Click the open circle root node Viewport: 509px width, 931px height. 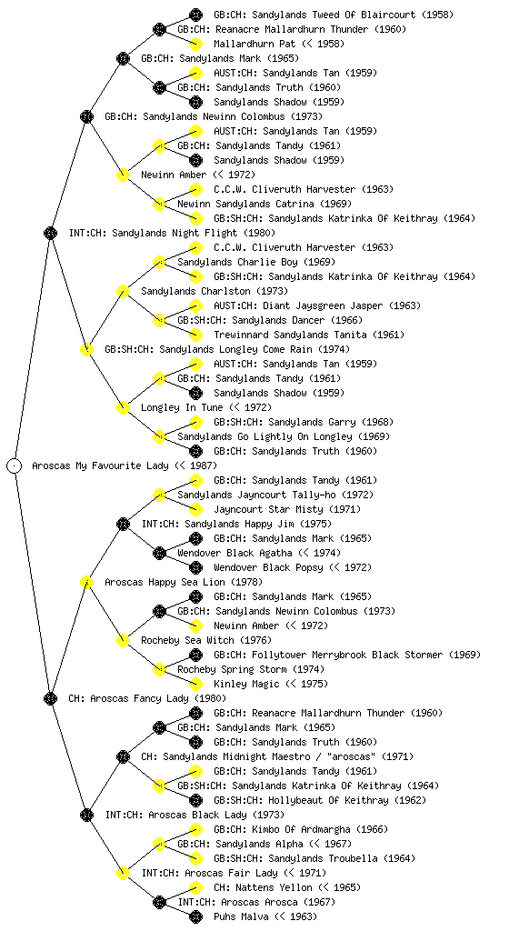[x=15, y=465]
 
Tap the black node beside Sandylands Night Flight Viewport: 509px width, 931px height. [x=50, y=233]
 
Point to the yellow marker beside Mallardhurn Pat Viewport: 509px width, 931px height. [x=195, y=44]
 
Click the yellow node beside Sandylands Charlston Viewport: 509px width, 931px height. [x=123, y=291]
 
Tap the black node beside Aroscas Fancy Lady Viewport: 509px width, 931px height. [x=50, y=698]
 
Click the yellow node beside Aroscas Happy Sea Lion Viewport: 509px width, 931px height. [x=86, y=582]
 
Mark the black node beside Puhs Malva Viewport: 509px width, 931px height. [x=195, y=916]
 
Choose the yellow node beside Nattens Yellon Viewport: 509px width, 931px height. [x=195, y=887]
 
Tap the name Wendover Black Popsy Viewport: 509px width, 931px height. [x=269, y=567]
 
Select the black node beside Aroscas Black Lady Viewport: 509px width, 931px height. [x=86, y=815]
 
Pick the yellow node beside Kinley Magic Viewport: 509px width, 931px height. [x=195, y=684]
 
